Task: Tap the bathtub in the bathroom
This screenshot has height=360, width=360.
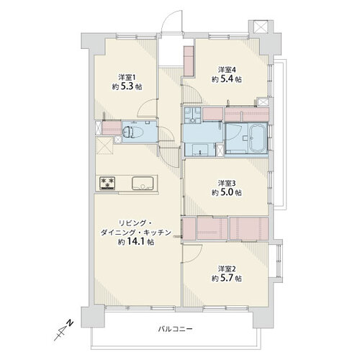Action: coord(257,138)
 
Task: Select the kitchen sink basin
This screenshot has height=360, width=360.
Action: coord(143,184)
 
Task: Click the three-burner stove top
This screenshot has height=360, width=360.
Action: coord(107,184)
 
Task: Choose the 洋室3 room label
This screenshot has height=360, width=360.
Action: coord(227,184)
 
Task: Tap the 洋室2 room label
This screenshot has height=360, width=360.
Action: coord(227,269)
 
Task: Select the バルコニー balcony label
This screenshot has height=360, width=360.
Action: coord(175,329)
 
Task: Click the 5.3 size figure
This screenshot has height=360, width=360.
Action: coord(127,86)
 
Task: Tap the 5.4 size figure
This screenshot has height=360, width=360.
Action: coord(226,79)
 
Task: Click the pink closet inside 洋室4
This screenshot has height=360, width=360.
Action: coord(189,60)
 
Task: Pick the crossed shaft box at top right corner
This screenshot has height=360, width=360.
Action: coord(261,27)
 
